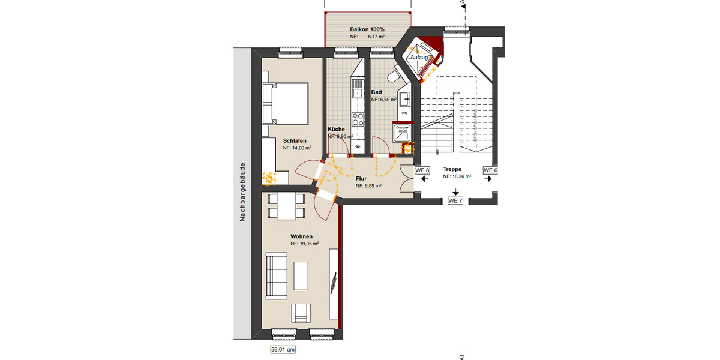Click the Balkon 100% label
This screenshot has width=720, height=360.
[367, 29]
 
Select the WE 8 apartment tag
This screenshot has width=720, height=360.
[422, 170]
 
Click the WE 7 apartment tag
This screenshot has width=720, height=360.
[455, 200]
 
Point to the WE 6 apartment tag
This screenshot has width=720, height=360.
[491, 170]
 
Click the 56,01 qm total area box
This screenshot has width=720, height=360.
[283, 349]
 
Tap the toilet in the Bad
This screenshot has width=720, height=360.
[394, 75]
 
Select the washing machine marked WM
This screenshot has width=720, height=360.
[404, 113]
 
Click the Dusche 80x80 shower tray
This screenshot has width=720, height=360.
[401, 131]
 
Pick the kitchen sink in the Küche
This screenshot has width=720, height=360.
[358, 90]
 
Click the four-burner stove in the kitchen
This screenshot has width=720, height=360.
[358, 118]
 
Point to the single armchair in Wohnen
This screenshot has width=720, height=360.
[300, 314]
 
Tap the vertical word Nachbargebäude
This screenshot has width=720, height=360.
[243, 192]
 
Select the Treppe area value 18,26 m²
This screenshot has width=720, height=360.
[457, 177]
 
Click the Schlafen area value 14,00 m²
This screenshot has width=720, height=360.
[297, 148]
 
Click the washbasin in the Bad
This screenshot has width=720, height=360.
[406, 98]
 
